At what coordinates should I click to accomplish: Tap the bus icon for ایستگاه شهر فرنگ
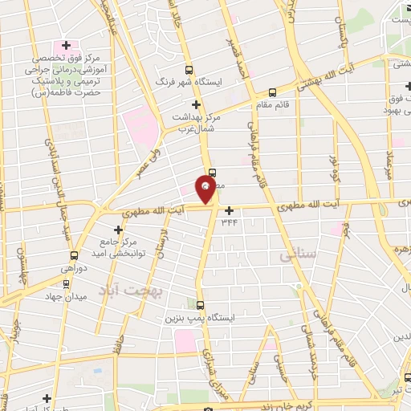[189, 70]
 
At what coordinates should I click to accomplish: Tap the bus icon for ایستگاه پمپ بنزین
[201, 305]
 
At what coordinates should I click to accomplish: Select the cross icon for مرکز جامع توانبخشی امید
[118, 229]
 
